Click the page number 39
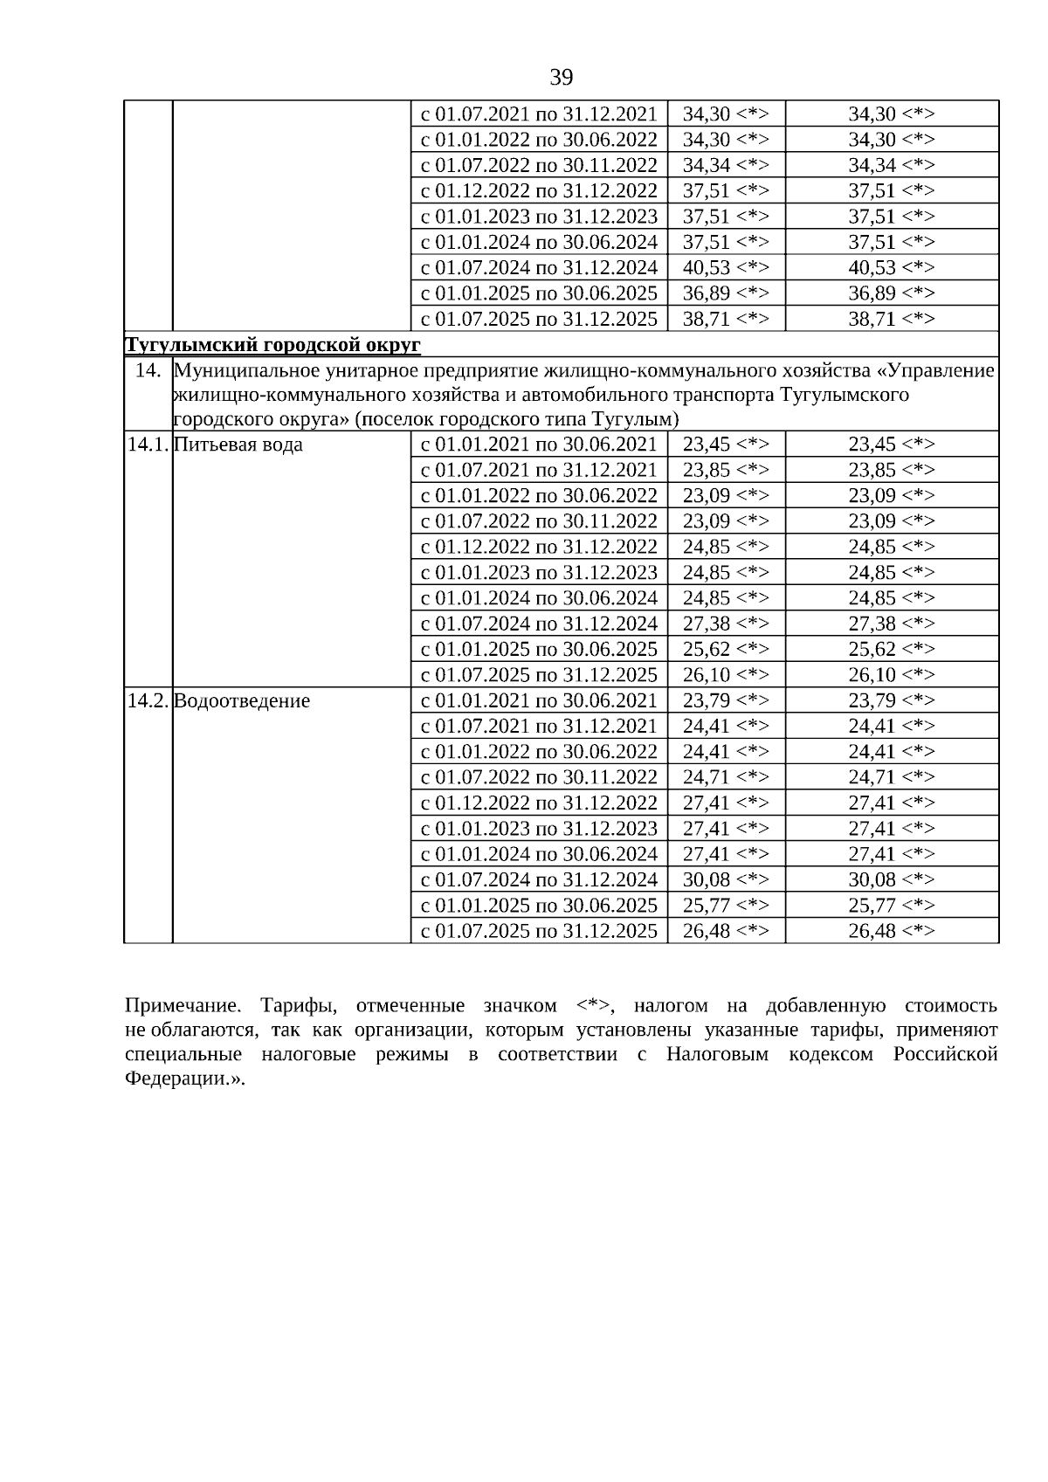click(x=562, y=78)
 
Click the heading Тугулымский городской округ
click(x=272, y=345)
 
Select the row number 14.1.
click(x=148, y=445)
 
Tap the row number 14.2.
click(x=148, y=701)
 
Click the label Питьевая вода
click(x=238, y=445)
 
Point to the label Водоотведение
click(x=242, y=701)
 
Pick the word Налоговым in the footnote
click(x=718, y=1054)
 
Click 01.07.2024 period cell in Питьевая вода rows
click(x=539, y=624)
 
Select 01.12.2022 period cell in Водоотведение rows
click(x=539, y=803)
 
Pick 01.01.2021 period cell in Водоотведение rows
click(x=539, y=700)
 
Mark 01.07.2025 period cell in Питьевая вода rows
click(x=539, y=675)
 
